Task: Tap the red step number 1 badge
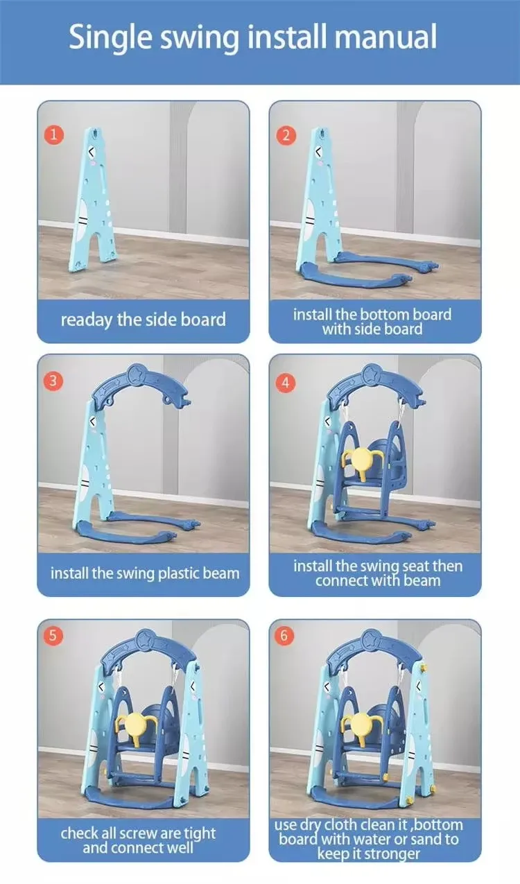[53, 135]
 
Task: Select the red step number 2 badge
[286, 135]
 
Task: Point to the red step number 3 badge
[53, 381]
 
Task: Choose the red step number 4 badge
[285, 383]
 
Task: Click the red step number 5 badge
[53, 636]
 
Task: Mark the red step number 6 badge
[285, 636]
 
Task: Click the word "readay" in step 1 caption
[87, 320]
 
